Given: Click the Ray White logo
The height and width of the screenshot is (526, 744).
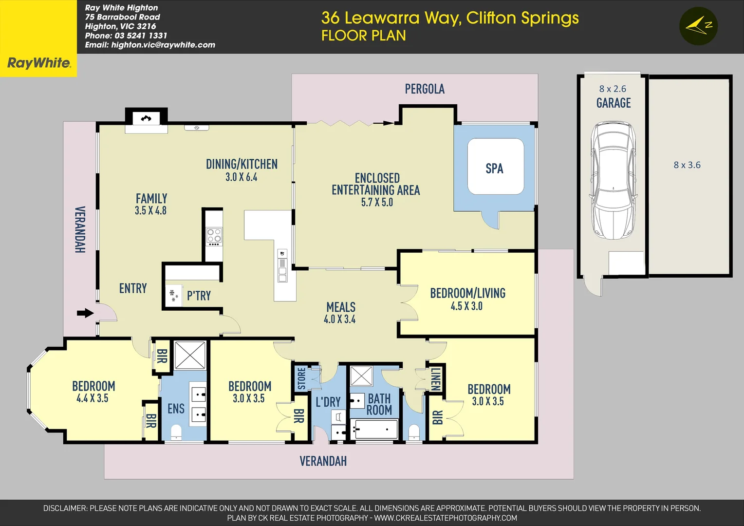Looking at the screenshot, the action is pyautogui.click(x=38, y=62).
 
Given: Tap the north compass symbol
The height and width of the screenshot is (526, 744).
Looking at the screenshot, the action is pyautogui.click(x=699, y=26).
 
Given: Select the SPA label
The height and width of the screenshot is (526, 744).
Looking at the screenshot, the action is pyautogui.click(x=494, y=169).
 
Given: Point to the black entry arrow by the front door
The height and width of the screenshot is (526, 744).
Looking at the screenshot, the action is pyautogui.click(x=85, y=313).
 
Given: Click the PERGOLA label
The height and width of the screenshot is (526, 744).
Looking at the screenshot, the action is pyautogui.click(x=425, y=89).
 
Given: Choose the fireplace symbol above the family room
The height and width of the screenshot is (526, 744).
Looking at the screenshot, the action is pyautogui.click(x=146, y=118).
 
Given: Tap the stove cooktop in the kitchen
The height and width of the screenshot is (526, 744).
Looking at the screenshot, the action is pyautogui.click(x=214, y=236).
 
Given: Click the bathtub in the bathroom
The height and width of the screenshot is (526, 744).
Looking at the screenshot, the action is pyautogui.click(x=374, y=429).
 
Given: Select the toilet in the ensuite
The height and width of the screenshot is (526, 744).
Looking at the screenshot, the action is pyautogui.click(x=176, y=432).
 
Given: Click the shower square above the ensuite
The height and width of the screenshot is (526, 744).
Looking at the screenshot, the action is pyautogui.click(x=190, y=355).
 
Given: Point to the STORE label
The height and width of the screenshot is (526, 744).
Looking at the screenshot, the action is pyautogui.click(x=301, y=378).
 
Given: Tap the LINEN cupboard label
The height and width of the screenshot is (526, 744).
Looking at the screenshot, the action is pyautogui.click(x=435, y=379).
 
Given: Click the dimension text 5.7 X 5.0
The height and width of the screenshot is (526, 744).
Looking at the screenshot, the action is pyautogui.click(x=377, y=202).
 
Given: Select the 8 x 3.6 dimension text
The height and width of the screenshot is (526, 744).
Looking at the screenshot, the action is pyautogui.click(x=687, y=165).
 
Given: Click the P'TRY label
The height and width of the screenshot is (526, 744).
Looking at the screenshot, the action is pyautogui.click(x=199, y=296).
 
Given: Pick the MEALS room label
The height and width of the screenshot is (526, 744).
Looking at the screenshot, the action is pyautogui.click(x=341, y=307).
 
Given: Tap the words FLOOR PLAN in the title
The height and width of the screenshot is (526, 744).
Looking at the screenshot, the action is pyautogui.click(x=363, y=36).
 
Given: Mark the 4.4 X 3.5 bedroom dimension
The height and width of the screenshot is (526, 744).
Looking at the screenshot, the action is pyautogui.click(x=93, y=398).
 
